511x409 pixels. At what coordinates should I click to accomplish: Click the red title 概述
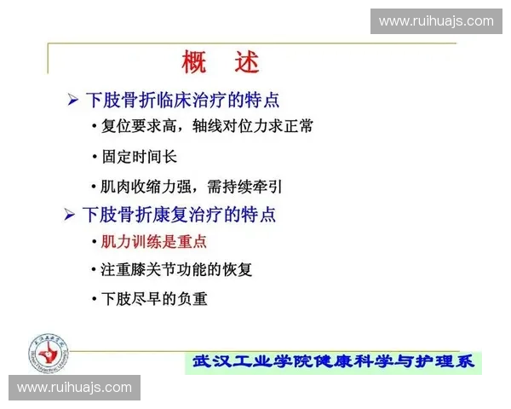click(x=220, y=61)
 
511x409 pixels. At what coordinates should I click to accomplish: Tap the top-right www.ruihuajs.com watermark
click(x=436, y=21)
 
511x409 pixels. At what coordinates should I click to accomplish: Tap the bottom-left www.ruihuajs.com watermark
click(x=75, y=388)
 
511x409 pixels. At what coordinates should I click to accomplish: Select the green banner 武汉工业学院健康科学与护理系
click(x=334, y=362)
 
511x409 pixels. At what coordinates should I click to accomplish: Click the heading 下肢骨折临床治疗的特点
click(x=182, y=100)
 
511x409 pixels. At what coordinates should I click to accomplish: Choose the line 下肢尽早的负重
click(x=154, y=299)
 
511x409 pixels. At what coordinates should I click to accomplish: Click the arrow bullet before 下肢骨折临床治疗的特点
click(x=72, y=101)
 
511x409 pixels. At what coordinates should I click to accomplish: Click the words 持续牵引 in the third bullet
click(x=254, y=186)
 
